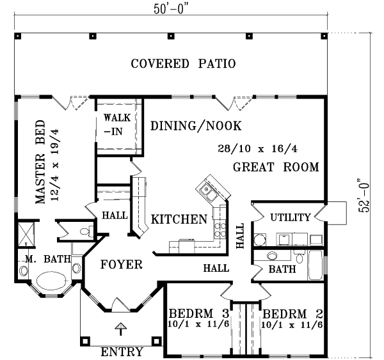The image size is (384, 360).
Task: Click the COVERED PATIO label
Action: tap(184, 64)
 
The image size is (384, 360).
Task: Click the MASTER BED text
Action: tap(40, 161)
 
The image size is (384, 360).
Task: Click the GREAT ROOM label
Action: tap(276, 168)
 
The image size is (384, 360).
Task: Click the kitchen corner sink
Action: tap(209, 188)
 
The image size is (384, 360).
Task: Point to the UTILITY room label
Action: tap(290, 217)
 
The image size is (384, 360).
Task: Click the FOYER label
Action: tap(121, 264)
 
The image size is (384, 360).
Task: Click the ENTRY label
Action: tap(122, 352)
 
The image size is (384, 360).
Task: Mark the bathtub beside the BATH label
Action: tap(316, 266)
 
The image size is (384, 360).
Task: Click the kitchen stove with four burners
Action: tap(219, 227)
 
